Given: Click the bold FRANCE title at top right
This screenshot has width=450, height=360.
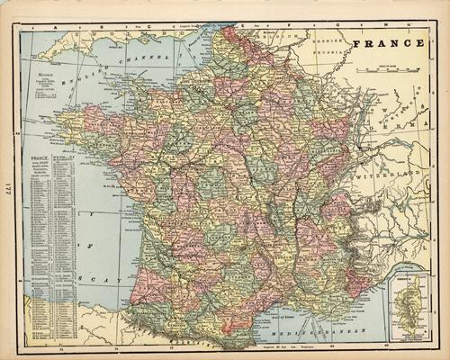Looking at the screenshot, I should [390, 42].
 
